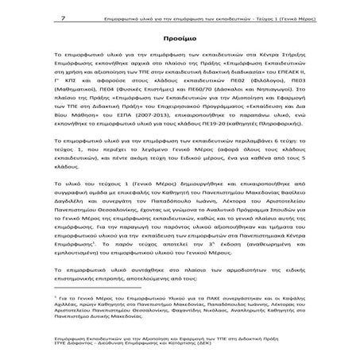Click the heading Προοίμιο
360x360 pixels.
click(180, 37)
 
